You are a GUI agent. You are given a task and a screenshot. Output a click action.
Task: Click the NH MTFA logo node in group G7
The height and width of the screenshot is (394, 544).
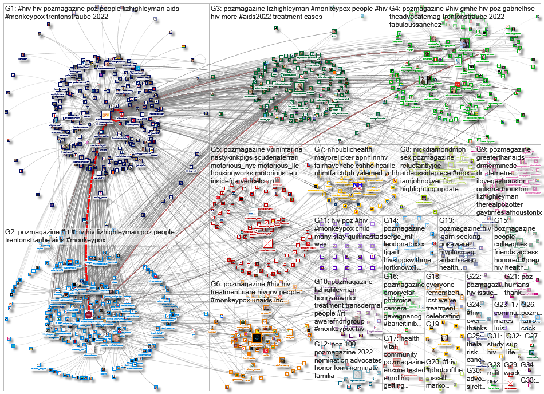[357, 186]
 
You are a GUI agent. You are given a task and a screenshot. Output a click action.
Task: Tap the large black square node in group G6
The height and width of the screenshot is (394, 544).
[257, 338]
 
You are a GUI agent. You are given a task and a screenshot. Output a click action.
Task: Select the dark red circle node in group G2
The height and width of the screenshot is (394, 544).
[89, 314]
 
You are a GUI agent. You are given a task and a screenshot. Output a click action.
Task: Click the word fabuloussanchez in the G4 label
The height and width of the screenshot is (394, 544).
[416, 25]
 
